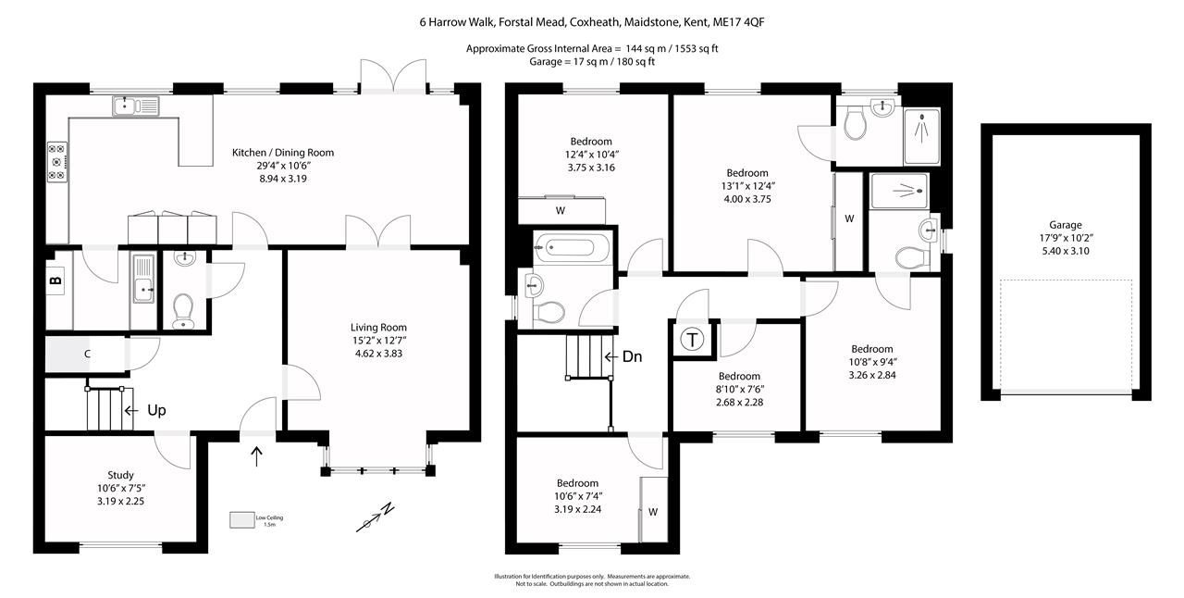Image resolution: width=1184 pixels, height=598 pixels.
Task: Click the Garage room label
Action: (1066, 225)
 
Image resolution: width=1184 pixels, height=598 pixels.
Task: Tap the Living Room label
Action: (378, 328)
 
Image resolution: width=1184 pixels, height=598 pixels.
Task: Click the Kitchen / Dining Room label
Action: (282, 153)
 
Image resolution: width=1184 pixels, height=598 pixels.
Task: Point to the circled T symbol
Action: (692, 340)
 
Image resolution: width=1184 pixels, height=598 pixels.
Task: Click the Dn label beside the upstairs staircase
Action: (632, 356)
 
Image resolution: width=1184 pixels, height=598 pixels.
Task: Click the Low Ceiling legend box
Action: (242, 520)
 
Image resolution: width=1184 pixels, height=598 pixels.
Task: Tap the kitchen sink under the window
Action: (137, 106)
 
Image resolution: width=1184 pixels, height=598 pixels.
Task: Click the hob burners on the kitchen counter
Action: (56, 161)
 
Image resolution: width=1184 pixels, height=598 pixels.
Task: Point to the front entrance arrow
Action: (257, 454)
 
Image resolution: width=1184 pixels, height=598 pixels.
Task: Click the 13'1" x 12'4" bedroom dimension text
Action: (746, 186)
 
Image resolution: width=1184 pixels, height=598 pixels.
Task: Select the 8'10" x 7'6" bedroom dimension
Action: (739, 389)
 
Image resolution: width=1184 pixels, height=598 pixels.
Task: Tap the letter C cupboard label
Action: (87, 353)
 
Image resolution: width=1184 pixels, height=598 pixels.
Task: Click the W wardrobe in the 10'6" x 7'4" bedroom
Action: (652, 511)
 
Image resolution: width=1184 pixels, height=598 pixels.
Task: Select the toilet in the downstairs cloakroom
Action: (183, 306)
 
